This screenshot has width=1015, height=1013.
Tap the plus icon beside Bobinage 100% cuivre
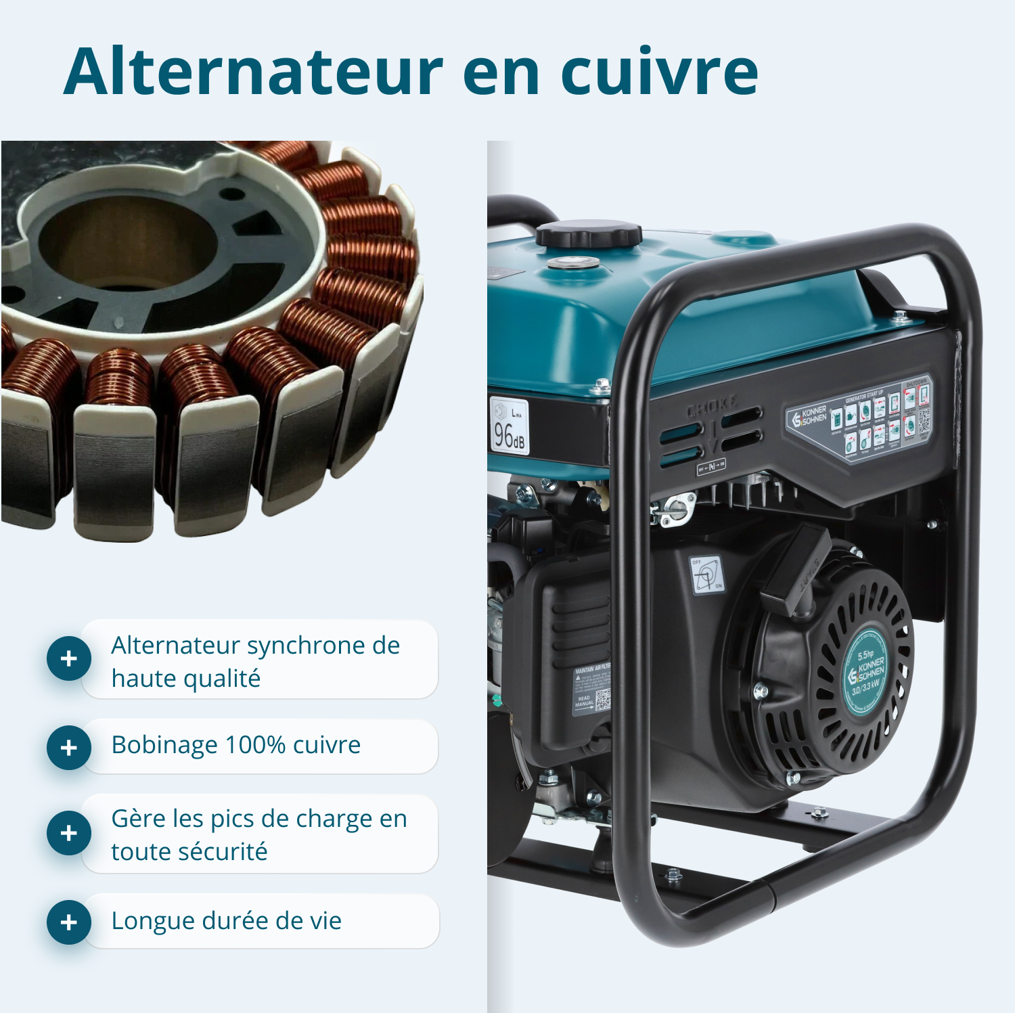click(x=68, y=748)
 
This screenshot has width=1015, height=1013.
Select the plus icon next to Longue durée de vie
click(x=68, y=922)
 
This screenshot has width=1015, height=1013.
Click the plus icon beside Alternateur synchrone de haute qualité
click(x=68, y=658)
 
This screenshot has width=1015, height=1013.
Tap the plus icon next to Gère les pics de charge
click(x=68, y=833)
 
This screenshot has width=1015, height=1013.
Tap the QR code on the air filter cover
click(x=602, y=700)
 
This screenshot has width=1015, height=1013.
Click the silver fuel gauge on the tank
click(x=572, y=263)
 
